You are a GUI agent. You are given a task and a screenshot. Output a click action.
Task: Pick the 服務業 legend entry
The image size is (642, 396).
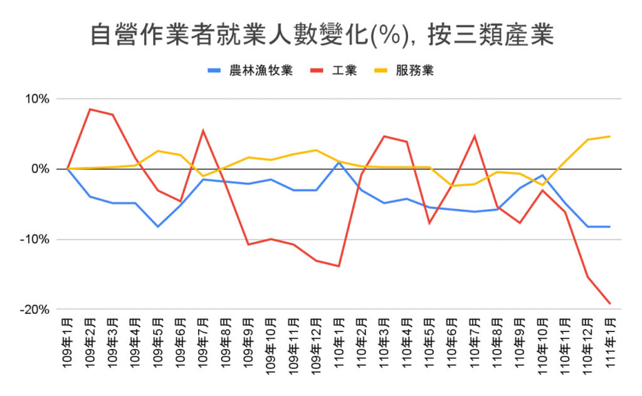tap(414, 70)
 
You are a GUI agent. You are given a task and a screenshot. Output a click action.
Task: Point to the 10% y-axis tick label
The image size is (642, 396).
tap(37, 99)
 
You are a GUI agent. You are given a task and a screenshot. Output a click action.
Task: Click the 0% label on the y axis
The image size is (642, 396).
tap(41, 169)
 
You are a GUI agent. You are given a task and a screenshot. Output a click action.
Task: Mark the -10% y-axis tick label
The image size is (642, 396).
tap(35, 240)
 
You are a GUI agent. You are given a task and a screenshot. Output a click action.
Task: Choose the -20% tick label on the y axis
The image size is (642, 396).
tap(35, 310)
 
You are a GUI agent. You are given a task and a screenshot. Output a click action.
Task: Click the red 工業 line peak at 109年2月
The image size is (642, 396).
tap(90, 109)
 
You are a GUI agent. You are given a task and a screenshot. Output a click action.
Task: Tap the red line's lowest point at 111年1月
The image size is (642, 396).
tap(609, 304)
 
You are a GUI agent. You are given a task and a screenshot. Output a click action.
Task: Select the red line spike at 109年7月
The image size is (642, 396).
tap(203, 130)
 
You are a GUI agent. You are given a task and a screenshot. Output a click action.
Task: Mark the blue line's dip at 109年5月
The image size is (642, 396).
tap(158, 226)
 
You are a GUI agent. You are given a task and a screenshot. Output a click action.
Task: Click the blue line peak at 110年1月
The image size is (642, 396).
tap(339, 162)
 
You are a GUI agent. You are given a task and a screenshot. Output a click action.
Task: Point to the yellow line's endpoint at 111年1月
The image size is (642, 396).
tap(609, 137)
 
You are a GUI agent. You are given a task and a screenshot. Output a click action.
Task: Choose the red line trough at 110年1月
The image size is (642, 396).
tap(339, 266)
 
